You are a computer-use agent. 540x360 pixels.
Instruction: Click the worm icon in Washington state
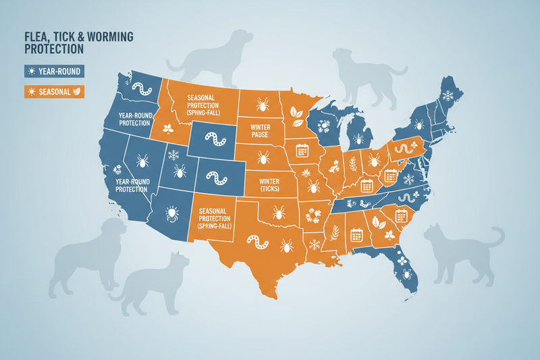pos(142,88)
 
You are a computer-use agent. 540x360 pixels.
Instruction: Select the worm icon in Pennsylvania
pos(403,147)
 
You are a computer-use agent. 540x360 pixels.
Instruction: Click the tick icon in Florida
pos(407,275)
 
